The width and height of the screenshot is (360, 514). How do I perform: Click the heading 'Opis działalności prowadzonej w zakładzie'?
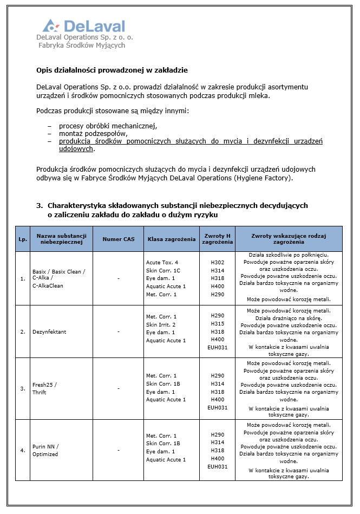point(112,70)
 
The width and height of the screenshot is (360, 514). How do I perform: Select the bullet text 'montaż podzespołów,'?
point(93,134)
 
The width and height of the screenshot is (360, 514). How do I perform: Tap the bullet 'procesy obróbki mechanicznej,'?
point(108,126)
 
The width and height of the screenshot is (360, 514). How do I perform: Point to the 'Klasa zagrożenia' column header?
point(172,239)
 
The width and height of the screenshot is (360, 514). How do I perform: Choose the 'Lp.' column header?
point(23,239)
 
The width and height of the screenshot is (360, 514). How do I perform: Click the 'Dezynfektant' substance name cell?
point(49,331)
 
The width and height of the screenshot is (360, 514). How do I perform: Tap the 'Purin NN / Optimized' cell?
point(45,450)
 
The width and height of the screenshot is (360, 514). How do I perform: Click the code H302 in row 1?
point(218,262)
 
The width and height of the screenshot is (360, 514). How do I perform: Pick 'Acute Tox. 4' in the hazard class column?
point(162,262)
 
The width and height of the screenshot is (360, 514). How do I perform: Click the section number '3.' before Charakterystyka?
point(39,206)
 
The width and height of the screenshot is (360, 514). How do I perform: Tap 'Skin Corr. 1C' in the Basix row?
point(163,270)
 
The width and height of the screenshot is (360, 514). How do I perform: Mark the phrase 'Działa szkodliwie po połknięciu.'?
point(289,255)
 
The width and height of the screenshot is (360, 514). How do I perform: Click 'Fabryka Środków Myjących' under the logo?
point(82,45)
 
